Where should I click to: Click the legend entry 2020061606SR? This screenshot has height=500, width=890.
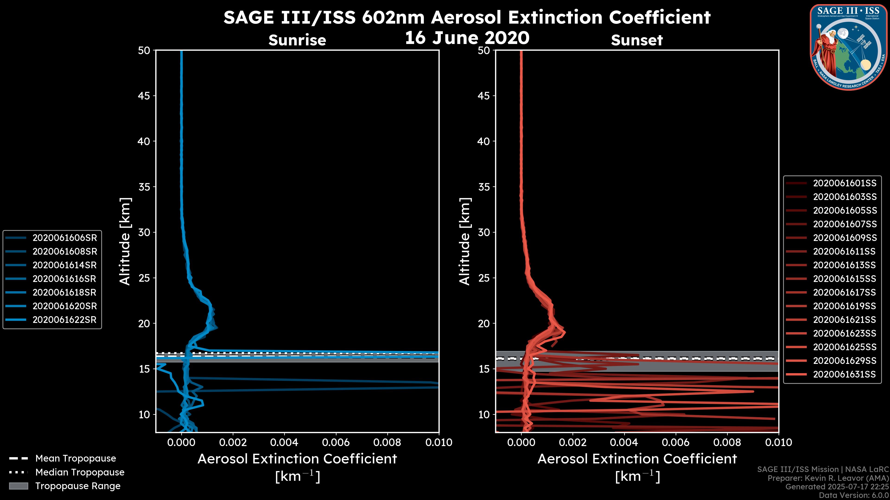(x=65, y=238)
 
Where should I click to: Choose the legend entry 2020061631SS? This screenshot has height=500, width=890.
(x=844, y=374)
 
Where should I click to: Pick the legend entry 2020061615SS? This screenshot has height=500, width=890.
(x=844, y=279)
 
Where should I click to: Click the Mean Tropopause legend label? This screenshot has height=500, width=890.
(x=76, y=459)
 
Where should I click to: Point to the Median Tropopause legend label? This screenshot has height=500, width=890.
(x=80, y=472)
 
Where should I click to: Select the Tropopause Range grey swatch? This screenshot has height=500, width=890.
(x=19, y=486)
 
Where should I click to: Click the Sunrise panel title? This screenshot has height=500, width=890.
(x=297, y=40)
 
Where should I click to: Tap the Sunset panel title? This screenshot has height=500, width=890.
(x=637, y=40)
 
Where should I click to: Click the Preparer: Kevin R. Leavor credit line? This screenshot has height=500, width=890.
(x=828, y=478)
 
